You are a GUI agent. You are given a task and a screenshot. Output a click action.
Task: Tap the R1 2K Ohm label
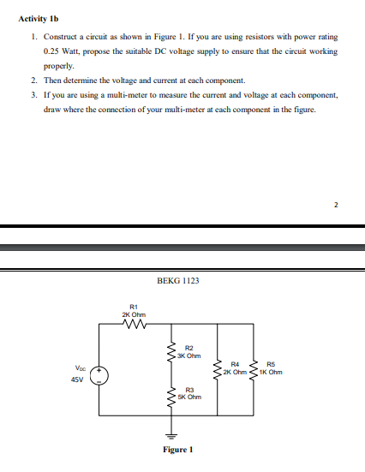point(133,310)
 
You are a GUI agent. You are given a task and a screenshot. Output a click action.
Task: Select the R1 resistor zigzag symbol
point(134,324)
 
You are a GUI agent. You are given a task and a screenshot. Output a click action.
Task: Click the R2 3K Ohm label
point(192,351)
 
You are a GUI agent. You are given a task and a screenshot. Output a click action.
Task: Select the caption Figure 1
point(177,450)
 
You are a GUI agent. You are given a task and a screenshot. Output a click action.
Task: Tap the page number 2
point(337,205)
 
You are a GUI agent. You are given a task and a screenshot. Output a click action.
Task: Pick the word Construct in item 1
point(61,38)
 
